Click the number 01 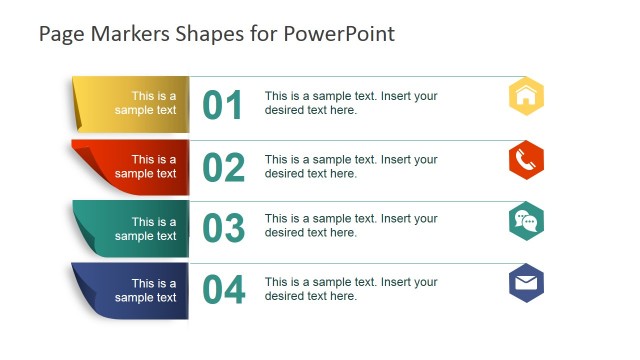tap(223, 105)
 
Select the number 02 tap(223, 167)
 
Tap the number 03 tap(223, 229)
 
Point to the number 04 tap(223, 290)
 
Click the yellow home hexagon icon tap(526, 97)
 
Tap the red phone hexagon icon tap(526, 159)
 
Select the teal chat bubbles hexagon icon tap(526, 221)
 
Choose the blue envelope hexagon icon tap(526, 283)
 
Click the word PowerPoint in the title tap(340, 34)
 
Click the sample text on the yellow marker tap(146, 104)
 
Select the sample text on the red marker tap(146, 166)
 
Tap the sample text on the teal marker tap(146, 229)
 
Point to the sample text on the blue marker tap(146, 290)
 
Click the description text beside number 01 tap(351, 103)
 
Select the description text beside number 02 tap(351, 166)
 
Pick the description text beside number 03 tap(351, 225)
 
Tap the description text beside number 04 tap(351, 288)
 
